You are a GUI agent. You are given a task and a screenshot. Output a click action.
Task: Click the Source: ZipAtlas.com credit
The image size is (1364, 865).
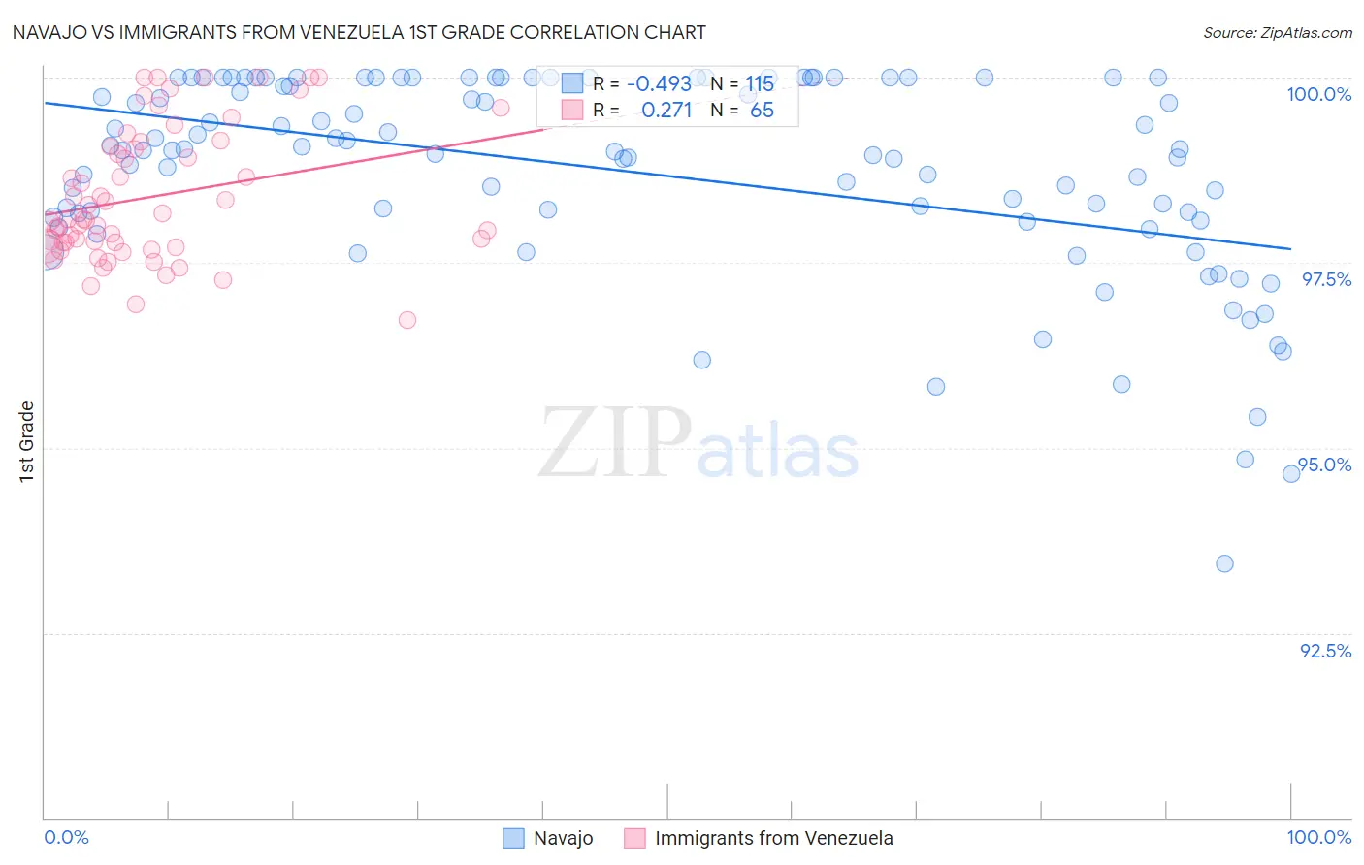(x=1277, y=32)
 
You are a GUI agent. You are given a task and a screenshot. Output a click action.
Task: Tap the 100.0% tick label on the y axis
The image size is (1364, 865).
(x=1318, y=94)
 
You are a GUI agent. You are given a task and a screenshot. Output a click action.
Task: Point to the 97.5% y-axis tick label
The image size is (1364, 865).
(x=1325, y=279)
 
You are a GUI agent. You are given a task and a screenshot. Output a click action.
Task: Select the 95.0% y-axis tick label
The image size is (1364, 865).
(x=1325, y=465)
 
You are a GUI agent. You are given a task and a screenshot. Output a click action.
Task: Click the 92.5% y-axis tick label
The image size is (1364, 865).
(x=1325, y=651)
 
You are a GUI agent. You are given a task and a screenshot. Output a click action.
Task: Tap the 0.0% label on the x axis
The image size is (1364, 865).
(x=66, y=837)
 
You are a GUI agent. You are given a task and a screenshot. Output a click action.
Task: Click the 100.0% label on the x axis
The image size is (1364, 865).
(x=1318, y=837)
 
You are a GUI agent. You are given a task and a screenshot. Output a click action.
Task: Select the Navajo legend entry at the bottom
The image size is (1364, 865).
(x=548, y=838)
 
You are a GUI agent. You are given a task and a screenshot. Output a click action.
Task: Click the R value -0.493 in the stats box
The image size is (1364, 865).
(x=659, y=84)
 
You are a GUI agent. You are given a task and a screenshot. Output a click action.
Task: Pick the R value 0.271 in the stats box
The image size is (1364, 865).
(x=666, y=111)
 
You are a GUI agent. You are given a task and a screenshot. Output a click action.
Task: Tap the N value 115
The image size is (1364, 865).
(x=760, y=84)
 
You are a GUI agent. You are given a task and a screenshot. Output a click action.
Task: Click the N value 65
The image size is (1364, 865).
(x=762, y=111)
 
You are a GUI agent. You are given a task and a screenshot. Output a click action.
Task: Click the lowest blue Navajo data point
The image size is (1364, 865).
(x=1224, y=563)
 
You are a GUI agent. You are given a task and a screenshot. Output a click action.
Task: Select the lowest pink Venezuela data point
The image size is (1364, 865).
(x=407, y=320)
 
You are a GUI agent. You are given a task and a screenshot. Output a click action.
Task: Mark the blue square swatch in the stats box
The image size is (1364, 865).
(x=572, y=84)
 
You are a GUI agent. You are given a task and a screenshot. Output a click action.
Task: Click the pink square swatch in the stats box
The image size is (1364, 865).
(x=572, y=111)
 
